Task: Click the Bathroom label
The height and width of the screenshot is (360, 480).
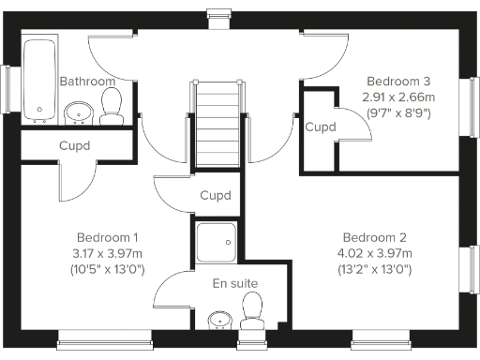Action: (x=87, y=82)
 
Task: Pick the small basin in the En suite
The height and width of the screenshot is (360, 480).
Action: (x=218, y=320)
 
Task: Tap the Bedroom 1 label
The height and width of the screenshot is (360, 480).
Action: (x=108, y=236)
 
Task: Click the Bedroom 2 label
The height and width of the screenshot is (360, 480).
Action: (x=374, y=236)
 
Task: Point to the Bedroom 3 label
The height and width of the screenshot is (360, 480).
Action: (x=398, y=80)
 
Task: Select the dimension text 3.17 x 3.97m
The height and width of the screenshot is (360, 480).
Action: (x=108, y=253)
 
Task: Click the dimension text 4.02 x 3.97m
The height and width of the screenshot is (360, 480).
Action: (x=374, y=253)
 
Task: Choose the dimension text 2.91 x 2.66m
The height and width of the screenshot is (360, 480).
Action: (x=398, y=96)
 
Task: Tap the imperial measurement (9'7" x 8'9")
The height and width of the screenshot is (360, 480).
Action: (x=398, y=112)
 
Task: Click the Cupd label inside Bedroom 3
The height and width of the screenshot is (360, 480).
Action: (x=321, y=127)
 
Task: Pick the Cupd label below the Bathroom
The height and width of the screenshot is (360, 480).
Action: (x=75, y=146)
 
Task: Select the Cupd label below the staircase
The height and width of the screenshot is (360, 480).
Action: (x=216, y=195)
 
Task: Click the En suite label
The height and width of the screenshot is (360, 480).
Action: (x=235, y=283)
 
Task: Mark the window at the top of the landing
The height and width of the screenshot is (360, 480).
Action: (x=217, y=13)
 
